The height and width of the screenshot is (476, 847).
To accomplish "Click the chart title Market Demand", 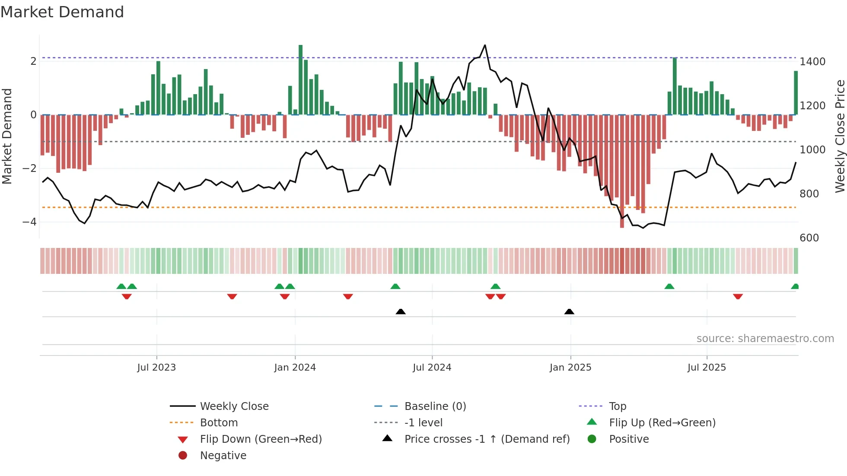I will coord(62,12).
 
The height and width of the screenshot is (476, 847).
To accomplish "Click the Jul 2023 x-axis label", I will coord(156,368).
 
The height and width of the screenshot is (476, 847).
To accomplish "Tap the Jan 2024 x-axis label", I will coord(295,368).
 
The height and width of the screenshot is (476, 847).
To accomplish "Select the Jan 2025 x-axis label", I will coord(570,368).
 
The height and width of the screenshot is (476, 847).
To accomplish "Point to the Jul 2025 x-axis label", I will coord(707,368).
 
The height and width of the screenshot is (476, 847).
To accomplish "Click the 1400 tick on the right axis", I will coord(812,62).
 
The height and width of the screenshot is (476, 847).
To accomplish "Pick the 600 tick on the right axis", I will coord(809,238).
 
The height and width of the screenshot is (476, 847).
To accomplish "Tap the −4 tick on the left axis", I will coord(29,222).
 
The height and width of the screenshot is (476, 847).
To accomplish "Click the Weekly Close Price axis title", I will coord(840,136).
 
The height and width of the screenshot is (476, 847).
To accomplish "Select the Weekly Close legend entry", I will coord(234,406).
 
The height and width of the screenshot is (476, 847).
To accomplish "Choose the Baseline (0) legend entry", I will coord(435,406).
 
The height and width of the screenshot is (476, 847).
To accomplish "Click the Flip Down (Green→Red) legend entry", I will coord(261,439).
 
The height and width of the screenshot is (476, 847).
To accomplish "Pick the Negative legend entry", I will coord(223,456).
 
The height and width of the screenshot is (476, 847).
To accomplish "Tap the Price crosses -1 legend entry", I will coord(487,439).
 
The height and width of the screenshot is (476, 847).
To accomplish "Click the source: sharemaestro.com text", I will coord(765,339).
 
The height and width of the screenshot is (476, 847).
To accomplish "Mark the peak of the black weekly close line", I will coord(485,45).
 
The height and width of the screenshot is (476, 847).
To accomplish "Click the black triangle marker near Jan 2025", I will coord(569,311).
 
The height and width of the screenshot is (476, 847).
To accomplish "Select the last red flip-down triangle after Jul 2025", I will coord(738,296).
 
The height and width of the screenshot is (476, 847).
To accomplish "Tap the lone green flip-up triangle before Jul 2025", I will coord(669,286).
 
